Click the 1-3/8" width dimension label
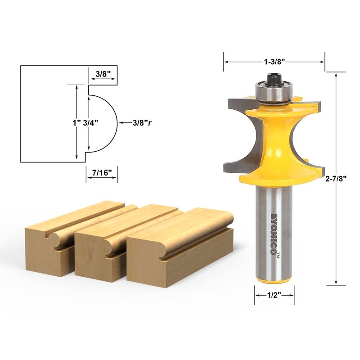274,60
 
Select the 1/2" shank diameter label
274,295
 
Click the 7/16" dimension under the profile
102,172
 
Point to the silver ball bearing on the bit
274,92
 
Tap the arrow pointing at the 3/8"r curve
123,122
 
